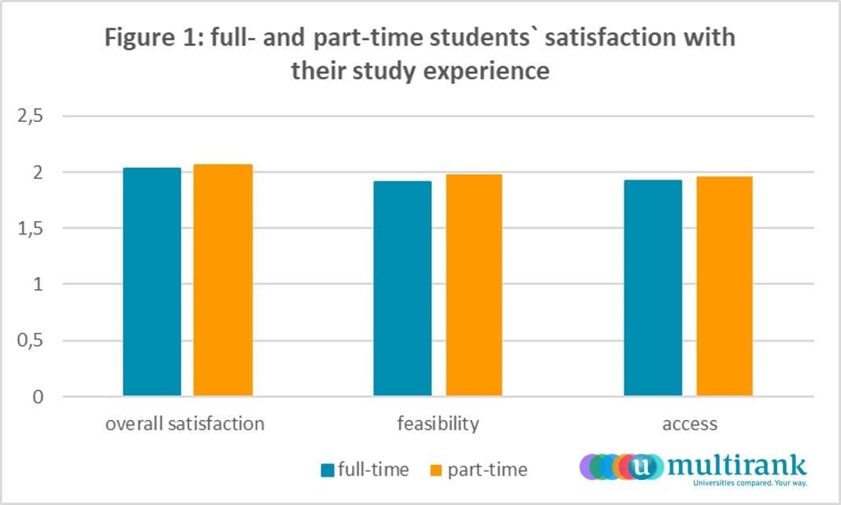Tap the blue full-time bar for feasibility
click(402, 288)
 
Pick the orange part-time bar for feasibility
click(473, 285)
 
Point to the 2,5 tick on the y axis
click(31, 116)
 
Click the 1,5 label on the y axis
click(31, 228)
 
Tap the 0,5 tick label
click(31, 341)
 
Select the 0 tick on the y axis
click(38, 397)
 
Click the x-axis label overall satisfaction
click(185, 424)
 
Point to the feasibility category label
click(438, 424)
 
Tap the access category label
click(690, 424)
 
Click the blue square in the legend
click(328, 471)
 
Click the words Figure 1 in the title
click(150, 38)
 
